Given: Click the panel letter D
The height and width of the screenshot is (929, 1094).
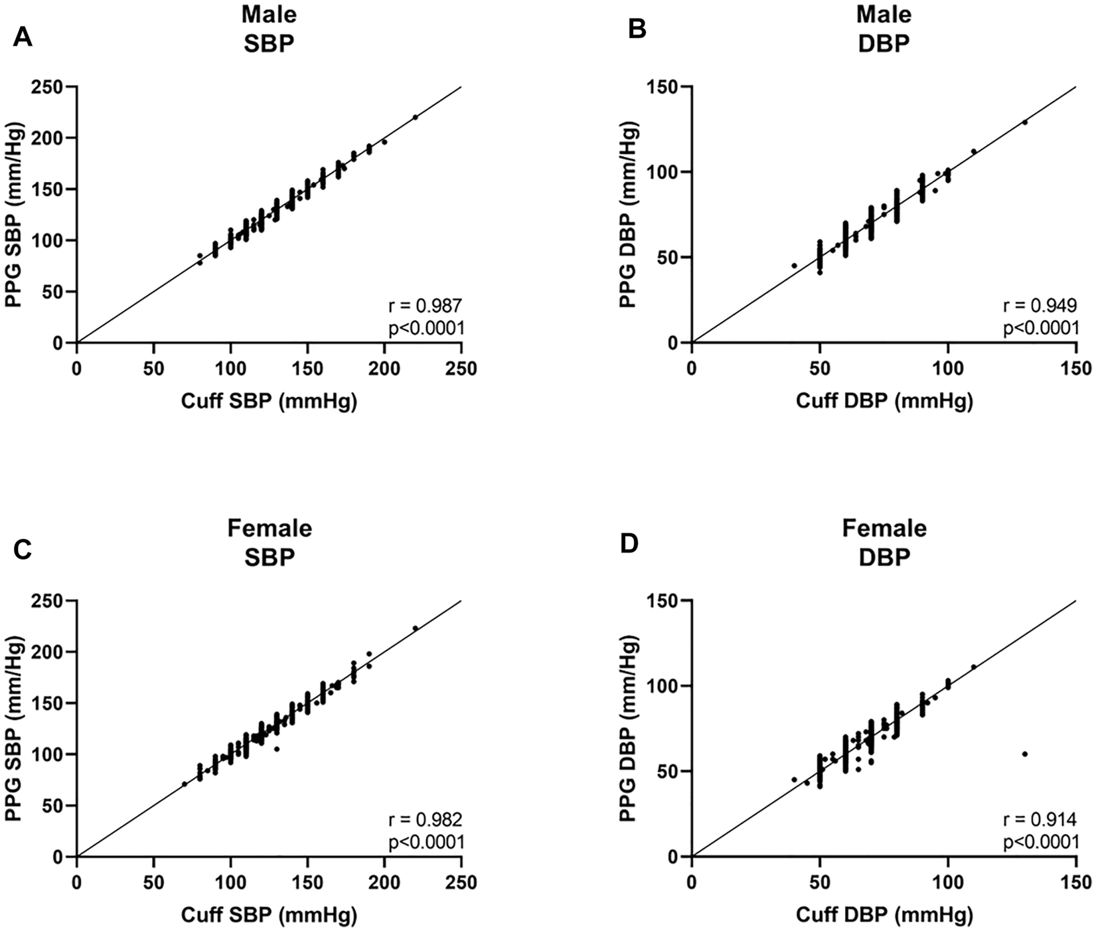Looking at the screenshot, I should coord(629,543).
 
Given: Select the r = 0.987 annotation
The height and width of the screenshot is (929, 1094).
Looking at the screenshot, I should coord(425,305).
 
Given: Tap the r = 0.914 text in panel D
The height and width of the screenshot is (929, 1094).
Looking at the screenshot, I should coord(1040,819).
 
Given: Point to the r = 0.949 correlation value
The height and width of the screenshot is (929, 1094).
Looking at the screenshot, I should coord(1040,305).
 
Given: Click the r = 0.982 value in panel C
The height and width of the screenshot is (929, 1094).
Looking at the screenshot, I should coord(425,819).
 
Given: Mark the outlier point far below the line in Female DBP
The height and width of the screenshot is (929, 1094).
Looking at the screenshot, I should coord(1025,754).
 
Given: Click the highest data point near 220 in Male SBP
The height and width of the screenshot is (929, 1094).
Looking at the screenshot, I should coord(416,117).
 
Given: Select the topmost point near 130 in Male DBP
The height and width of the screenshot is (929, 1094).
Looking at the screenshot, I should coord(1025,122).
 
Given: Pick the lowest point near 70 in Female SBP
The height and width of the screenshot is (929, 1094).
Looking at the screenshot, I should coord(185,784).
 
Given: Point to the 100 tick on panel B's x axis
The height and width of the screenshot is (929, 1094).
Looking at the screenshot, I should coord(948,368).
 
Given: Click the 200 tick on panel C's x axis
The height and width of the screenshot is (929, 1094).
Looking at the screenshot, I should coord(384,882).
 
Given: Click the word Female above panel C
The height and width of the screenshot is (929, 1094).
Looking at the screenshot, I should coord(269,529).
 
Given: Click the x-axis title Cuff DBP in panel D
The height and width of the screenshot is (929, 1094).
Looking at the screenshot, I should coord(884,914).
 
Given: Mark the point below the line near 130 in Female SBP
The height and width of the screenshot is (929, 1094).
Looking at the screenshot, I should coord(277,749).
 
